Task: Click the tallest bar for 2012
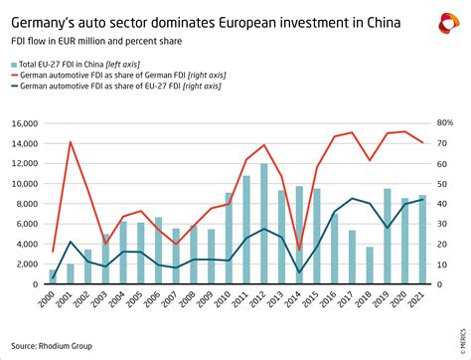point(263,224)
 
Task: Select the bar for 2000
point(53,276)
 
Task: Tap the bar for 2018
point(370,265)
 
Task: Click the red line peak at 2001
point(71,142)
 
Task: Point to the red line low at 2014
point(299,251)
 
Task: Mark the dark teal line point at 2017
point(352,198)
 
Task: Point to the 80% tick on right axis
point(445,123)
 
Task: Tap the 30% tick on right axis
point(445,224)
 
